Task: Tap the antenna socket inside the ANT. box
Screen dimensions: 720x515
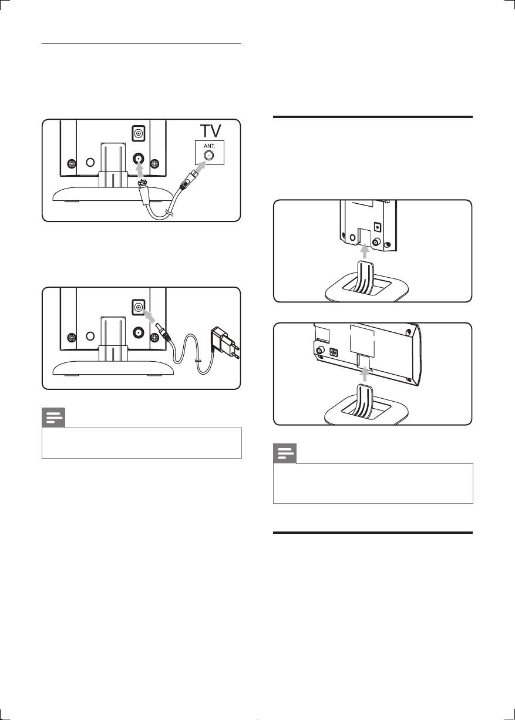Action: pos(208,156)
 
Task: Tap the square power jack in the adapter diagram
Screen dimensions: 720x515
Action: pos(139,307)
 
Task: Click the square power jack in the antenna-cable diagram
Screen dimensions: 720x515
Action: pos(139,133)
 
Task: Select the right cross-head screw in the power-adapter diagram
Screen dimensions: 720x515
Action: pos(155,338)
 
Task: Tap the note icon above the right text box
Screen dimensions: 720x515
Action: pos(285,453)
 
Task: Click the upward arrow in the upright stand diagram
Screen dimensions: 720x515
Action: pos(365,252)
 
